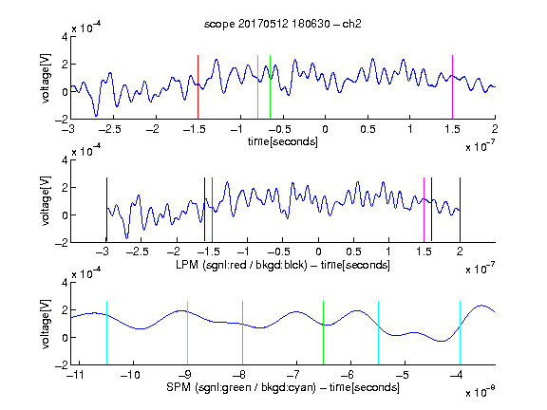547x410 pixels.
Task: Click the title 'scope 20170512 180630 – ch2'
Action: click(283, 24)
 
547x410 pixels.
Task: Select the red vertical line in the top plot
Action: click(198, 86)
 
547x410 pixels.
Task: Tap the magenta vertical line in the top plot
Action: click(452, 86)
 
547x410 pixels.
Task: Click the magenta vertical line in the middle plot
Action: click(424, 210)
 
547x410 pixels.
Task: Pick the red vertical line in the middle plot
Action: click(212, 210)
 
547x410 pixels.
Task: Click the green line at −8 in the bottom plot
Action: click(242, 332)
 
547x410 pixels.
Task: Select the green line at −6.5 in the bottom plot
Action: click(324, 332)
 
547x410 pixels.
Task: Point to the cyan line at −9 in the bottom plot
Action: click(188, 332)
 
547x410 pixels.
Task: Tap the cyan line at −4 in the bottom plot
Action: click(461, 332)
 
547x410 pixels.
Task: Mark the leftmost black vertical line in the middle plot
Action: click(106, 210)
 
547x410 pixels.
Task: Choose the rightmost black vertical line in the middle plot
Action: click(461, 210)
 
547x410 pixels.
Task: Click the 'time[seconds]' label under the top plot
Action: click(283, 142)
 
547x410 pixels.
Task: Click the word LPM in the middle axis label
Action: click(187, 264)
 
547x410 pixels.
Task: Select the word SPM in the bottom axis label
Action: click(179, 387)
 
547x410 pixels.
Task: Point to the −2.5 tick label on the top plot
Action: click(109, 129)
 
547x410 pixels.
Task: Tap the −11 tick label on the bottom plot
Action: click(75, 375)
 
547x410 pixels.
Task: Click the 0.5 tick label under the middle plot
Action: click(353, 252)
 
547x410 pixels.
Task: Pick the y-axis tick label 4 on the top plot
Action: click(65, 37)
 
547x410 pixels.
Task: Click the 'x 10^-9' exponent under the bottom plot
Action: click(481, 391)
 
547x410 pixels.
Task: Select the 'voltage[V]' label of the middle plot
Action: click(46, 201)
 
